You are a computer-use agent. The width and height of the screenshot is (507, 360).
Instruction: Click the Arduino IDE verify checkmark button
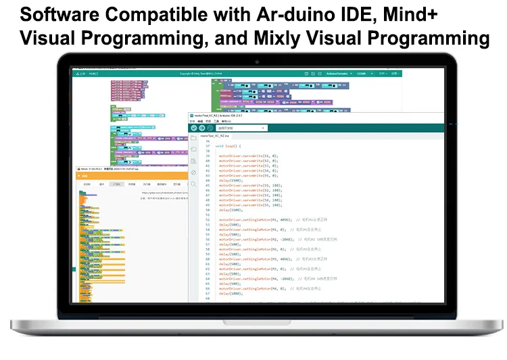point(194,128)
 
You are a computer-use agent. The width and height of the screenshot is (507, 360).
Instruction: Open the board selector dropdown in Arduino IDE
point(241,128)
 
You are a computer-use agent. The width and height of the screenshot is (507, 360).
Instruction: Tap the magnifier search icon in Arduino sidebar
point(194,183)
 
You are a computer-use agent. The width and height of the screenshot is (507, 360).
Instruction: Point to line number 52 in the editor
point(208,220)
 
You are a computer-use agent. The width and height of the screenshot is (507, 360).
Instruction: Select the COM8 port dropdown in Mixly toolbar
point(362,74)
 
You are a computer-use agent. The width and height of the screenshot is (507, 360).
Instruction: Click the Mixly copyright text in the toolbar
point(195,74)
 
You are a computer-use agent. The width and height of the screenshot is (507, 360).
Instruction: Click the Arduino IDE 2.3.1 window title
point(220,115)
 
